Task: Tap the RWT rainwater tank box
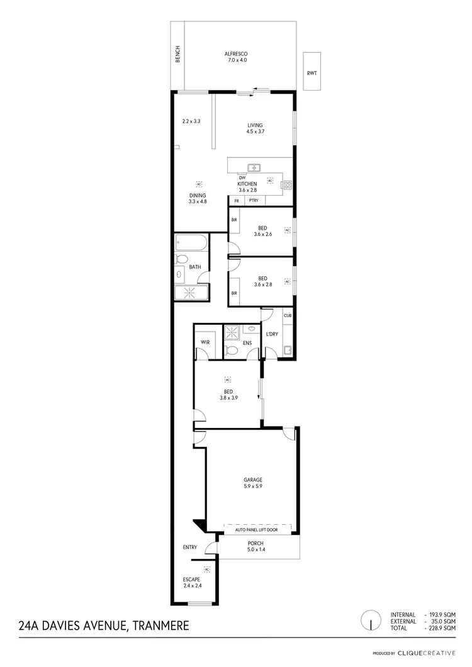pyautogui.click(x=312, y=74)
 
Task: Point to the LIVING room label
pyautogui.click(x=255, y=125)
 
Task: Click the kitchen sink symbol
pyautogui.click(x=254, y=167)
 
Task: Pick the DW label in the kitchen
pyautogui.click(x=242, y=178)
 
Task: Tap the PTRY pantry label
pyautogui.click(x=254, y=201)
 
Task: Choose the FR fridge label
pyautogui.click(x=237, y=201)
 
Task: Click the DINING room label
pyautogui.click(x=198, y=196)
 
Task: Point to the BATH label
pyautogui.click(x=195, y=267)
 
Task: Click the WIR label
pyautogui.click(x=205, y=342)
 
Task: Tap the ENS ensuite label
pyautogui.click(x=247, y=343)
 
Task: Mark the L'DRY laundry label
pyautogui.click(x=272, y=333)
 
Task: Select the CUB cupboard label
pyautogui.click(x=287, y=316)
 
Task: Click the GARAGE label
pyautogui.click(x=254, y=479)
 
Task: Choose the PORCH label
pyautogui.click(x=256, y=543)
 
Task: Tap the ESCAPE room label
pyautogui.click(x=191, y=579)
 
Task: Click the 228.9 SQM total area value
pyautogui.click(x=441, y=629)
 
